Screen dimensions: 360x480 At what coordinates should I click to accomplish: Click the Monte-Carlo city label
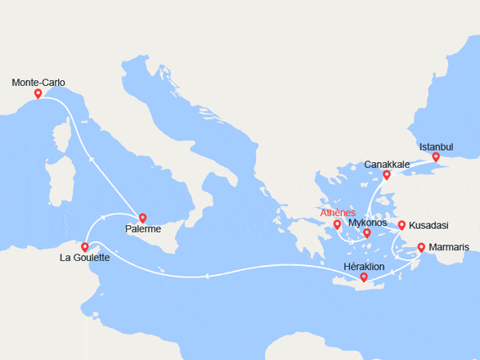[38, 82]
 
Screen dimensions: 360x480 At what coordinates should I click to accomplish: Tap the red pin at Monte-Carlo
[38, 94]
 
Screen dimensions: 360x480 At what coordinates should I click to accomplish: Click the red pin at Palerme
[143, 218]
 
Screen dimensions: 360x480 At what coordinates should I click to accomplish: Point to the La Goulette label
[85, 258]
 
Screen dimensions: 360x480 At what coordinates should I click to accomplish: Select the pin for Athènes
[337, 224]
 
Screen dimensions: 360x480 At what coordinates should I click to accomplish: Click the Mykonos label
[367, 222]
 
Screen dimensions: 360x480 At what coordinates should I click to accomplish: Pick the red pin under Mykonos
[367, 233]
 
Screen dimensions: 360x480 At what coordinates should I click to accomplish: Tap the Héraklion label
[364, 267]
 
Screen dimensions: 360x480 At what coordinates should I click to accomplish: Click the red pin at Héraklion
[364, 278]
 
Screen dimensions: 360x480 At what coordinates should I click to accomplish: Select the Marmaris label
[446, 246]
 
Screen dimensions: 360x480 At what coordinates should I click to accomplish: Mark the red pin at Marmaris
[421, 247]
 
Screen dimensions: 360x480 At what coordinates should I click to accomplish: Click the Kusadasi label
[428, 224]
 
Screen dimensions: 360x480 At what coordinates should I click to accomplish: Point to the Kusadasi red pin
[401, 225]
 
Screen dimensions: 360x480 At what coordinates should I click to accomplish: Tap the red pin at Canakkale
[387, 175]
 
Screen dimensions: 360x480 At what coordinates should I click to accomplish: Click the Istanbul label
[436, 146]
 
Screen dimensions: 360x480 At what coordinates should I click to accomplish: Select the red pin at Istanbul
[436, 157]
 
